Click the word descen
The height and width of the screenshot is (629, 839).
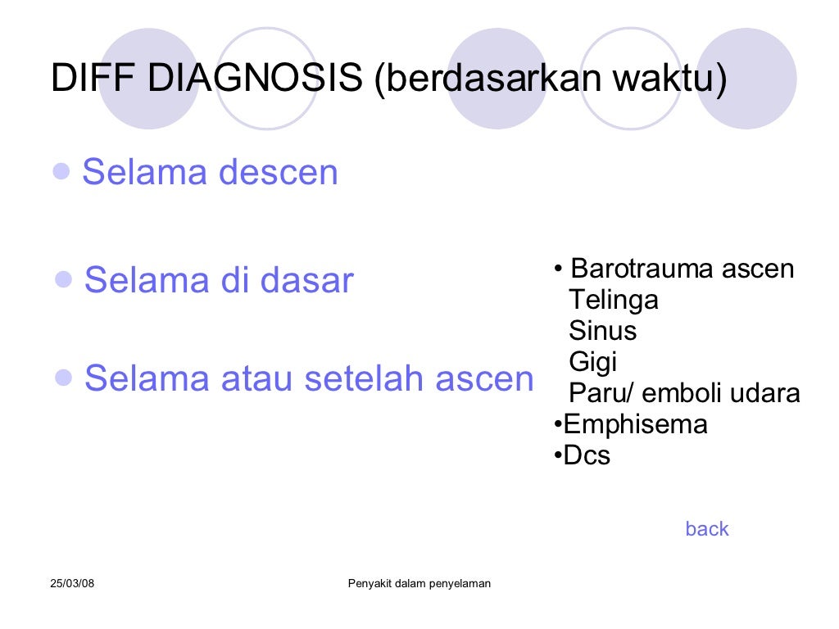pyautogui.click(x=278, y=173)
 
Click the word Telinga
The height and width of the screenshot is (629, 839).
pyautogui.click(x=614, y=300)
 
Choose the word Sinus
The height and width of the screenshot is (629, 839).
pyautogui.click(x=602, y=331)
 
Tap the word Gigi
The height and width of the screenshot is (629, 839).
pyautogui.click(x=592, y=362)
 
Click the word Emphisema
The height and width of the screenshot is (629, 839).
pyautogui.click(x=635, y=425)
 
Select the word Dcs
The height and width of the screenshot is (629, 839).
pyautogui.click(x=587, y=456)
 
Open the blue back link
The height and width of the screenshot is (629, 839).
pyautogui.click(x=706, y=529)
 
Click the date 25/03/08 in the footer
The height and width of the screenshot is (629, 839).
pyautogui.click(x=73, y=583)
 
